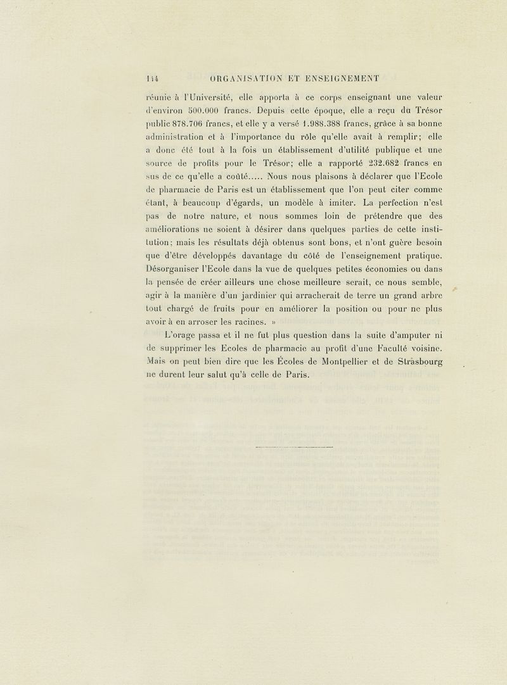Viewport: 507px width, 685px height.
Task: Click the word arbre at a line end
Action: [x=428, y=295]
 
